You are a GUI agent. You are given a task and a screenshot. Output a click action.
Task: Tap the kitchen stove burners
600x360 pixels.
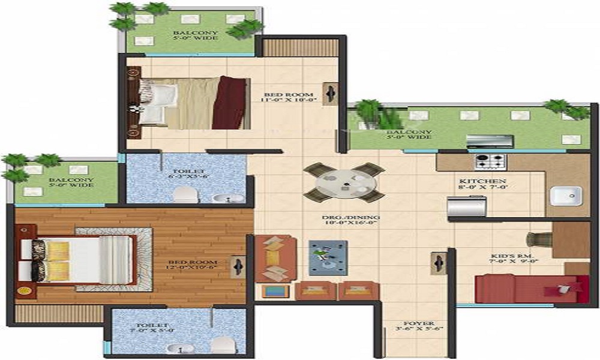point(491,161)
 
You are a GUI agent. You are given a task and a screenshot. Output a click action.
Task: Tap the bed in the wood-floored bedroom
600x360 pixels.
point(78,259)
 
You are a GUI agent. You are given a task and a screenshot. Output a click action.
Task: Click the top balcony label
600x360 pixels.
point(194,35)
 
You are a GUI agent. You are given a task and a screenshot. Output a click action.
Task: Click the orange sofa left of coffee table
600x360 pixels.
point(274,258)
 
